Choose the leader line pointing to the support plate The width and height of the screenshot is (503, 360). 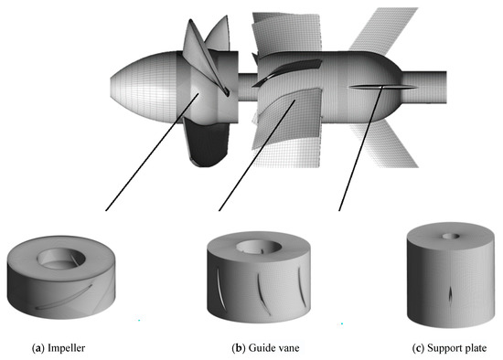pyautogui.click(x=357, y=151)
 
